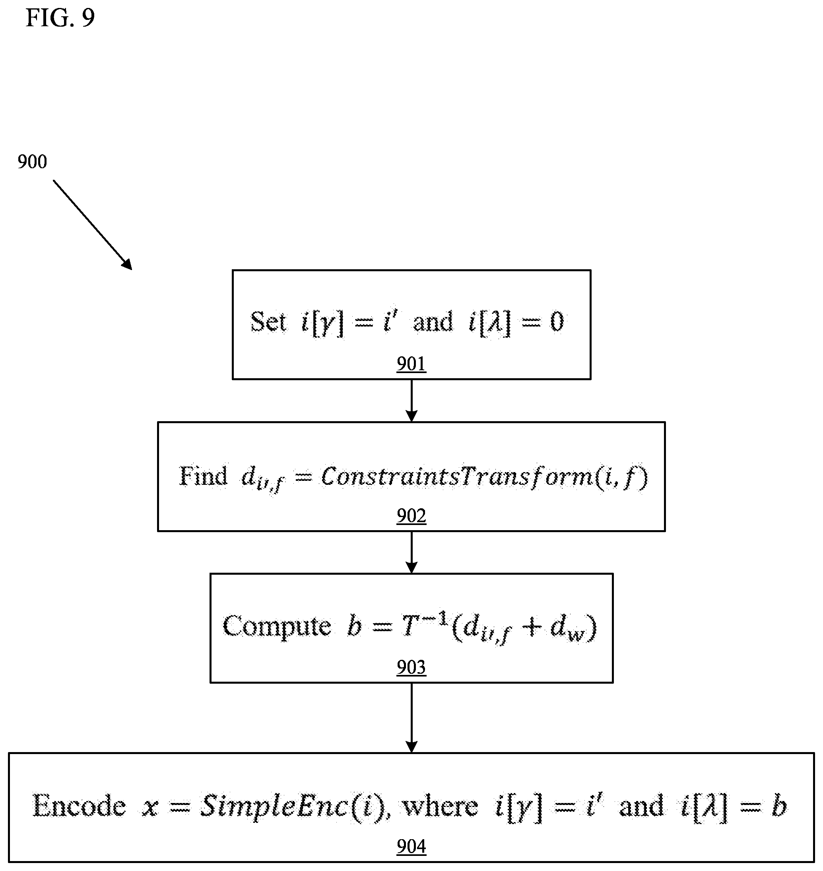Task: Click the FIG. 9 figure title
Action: (60, 18)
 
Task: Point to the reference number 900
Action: (33, 162)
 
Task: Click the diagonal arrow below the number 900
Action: (93, 225)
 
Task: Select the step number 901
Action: (411, 364)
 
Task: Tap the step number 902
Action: (411, 515)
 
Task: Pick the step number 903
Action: (411, 667)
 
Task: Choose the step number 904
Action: (411, 846)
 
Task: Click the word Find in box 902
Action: (203, 476)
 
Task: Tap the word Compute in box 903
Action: (277, 626)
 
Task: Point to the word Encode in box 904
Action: (80, 806)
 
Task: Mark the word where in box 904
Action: (440, 807)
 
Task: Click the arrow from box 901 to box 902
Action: (411, 401)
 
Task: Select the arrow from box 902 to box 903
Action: (411, 552)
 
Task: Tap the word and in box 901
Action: (433, 322)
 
